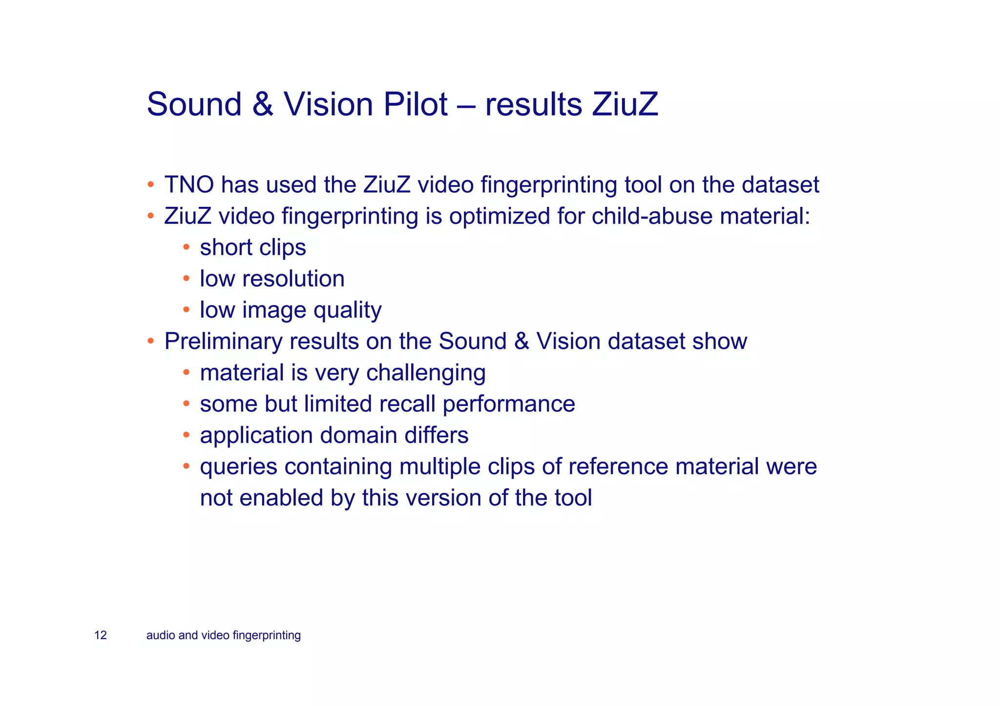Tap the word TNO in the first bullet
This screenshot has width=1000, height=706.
(x=189, y=185)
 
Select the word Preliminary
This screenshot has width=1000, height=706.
(x=223, y=342)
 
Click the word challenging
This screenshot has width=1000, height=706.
(x=426, y=373)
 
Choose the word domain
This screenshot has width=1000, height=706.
(x=358, y=435)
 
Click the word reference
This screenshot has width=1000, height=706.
(x=617, y=467)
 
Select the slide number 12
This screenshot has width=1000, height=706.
(x=101, y=635)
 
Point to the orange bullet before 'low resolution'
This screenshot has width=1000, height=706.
(x=186, y=279)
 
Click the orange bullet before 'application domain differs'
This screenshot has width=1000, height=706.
(x=186, y=434)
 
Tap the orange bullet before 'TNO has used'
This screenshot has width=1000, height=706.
(x=151, y=185)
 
